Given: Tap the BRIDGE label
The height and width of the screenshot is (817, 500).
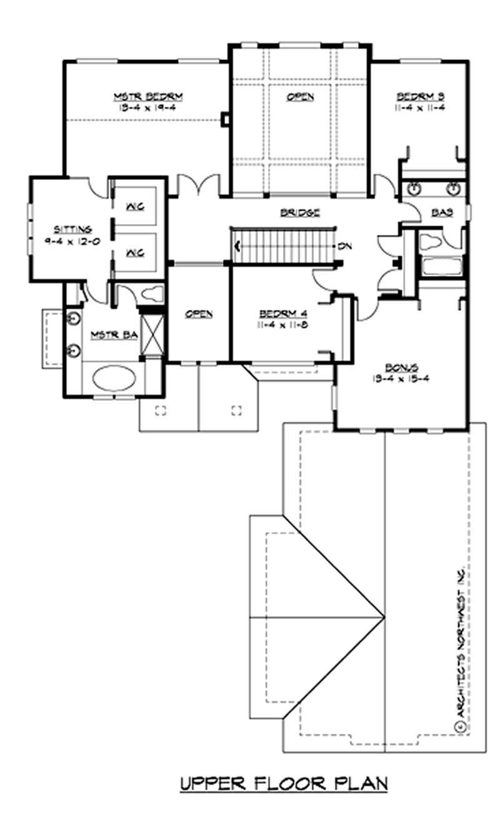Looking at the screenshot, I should click(x=300, y=212).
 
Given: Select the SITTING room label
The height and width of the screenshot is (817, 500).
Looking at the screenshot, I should click(x=72, y=229).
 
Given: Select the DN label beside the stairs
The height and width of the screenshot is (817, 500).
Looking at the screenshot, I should click(x=344, y=246).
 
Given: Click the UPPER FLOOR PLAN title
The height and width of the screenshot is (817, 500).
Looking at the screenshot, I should click(x=284, y=783).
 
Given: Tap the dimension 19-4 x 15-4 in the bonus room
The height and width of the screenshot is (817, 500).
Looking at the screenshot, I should click(x=401, y=378).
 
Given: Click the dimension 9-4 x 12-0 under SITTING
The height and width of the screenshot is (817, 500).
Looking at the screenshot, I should click(x=72, y=240).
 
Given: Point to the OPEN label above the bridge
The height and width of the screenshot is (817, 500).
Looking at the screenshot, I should click(x=301, y=97).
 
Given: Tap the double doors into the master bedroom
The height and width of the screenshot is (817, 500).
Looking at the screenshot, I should click(x=197, y=184).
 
